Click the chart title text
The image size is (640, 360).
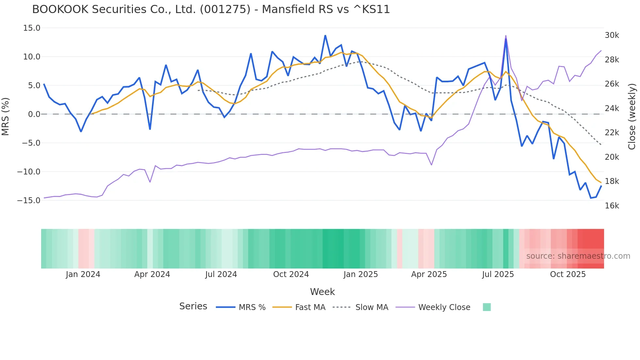coord(211,9)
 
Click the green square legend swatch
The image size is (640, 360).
coord(487,307)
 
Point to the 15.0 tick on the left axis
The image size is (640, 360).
coord(32,28)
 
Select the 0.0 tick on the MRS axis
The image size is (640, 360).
coord(34,114)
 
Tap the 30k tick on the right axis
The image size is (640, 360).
coord(612,35)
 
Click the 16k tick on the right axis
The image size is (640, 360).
coord(612,206)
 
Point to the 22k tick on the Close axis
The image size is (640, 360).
coord(612,133)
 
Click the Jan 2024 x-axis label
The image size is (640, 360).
coord(83,274)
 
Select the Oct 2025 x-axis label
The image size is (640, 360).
coord(568,274)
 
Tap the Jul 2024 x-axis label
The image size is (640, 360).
coord(221,274)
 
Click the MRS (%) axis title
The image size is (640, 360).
coord(6,116)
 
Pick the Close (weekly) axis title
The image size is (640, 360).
coord(632,116)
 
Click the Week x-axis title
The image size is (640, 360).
coord(322,292)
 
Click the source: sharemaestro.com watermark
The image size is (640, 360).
coord(578,256)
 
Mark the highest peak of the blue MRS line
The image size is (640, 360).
coord(325,35)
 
